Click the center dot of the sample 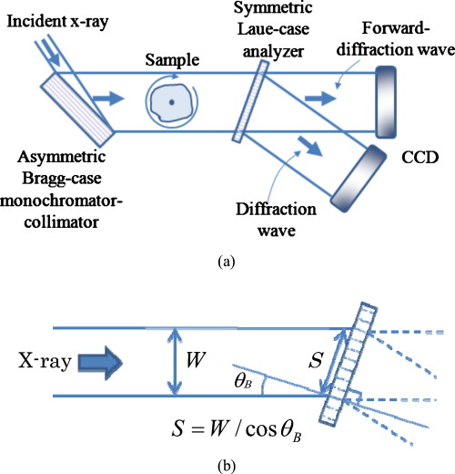(x=171, y=102)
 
